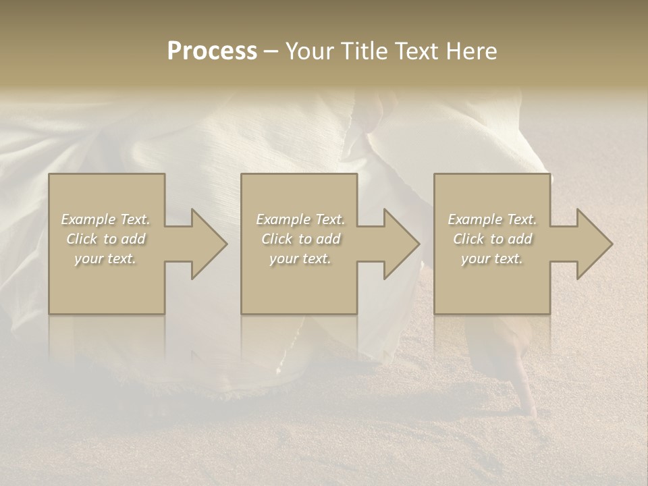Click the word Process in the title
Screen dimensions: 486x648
click(x=212, y=51)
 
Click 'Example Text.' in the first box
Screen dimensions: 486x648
click(x=106, y=219)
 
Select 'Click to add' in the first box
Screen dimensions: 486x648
click(x=106, y=239)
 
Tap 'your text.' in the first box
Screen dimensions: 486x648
click(x=106, y=259)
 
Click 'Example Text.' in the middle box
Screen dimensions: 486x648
click(x=300, y=219)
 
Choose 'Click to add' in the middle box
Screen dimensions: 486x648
click(x=300, y=239)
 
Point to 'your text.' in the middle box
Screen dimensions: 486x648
click(x=300, y=259)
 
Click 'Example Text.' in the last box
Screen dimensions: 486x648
click(x=492, y=219)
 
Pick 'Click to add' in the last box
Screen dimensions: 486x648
click(x=492, y=239)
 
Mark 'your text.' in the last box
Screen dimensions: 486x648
click(x=492, y=259)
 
